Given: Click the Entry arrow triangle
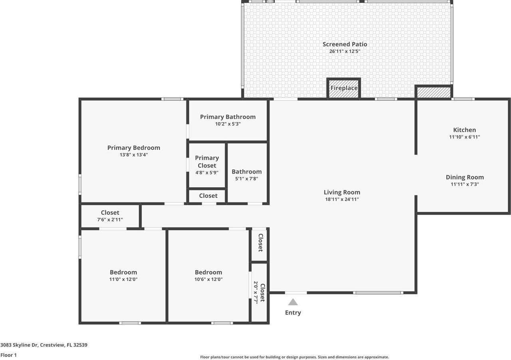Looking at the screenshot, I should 293,302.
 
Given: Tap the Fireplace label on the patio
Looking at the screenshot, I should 344,88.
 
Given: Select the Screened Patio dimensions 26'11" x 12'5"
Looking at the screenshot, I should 345,51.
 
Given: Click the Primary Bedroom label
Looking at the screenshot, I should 134,148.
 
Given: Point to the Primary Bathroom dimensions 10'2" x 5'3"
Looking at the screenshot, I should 228,124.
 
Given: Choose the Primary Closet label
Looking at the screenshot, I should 207,162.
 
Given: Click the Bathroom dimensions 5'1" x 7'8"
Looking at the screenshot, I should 247,179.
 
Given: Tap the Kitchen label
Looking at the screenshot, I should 464,130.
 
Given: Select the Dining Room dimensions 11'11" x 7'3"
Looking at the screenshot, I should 465,184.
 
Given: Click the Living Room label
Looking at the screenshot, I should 342,192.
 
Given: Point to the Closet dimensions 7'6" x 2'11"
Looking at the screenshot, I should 110,220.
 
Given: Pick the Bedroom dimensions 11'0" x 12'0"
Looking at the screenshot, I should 123,279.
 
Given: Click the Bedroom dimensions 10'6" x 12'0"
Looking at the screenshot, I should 208,279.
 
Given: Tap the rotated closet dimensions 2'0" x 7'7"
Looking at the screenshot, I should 256,293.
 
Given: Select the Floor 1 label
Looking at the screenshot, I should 9,355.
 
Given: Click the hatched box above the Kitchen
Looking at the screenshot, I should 434,92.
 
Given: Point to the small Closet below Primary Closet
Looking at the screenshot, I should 208,196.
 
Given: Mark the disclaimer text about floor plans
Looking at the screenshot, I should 294,357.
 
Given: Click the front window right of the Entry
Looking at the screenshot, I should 378,293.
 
